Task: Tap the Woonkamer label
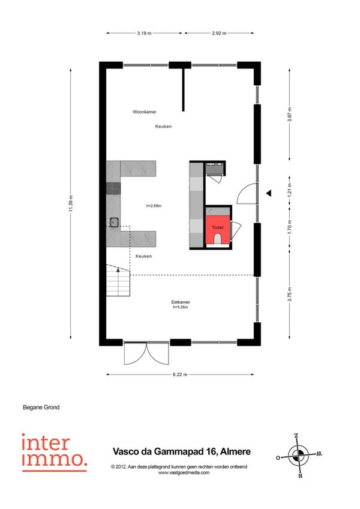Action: coord(145,112)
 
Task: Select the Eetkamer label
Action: coord(181,302)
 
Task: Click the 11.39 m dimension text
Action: coord(70,203)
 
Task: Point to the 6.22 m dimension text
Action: coord(180,375)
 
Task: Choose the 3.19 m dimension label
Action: coord(144,33)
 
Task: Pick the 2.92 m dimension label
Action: coord(219,33)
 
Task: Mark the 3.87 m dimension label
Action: coord(289,114)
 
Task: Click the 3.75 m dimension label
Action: coord(289,294)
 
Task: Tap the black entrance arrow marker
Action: coord(269,193)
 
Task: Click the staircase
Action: coord(118,280)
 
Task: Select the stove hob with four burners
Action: coord(113,188)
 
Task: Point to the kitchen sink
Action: coord(113,222)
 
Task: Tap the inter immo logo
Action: coord(54,453)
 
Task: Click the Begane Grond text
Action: coord(41,407)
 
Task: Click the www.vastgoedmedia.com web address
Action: coord(184,472)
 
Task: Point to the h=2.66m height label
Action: coord(154,205)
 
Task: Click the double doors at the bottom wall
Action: coord(147,353)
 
